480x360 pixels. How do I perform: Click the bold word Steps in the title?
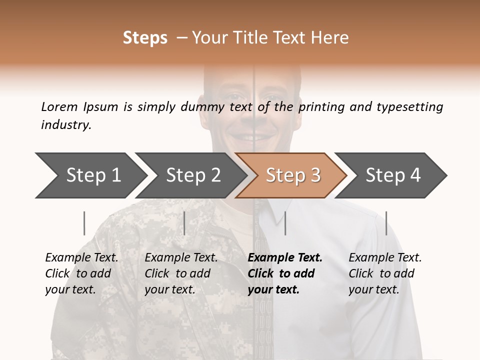(145, 38)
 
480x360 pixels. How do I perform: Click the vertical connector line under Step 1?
(84, 223)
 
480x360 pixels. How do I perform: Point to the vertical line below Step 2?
(184, 223)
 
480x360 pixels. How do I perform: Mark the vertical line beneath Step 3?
(285, 223)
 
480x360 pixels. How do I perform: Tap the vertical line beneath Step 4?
(386, 223)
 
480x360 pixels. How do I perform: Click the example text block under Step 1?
(81, 273)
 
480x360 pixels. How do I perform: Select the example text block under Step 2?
(181, 273)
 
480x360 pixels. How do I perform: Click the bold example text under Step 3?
(285, 273)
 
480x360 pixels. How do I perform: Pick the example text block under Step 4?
(385, 273)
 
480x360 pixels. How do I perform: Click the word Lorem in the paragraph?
(59, 107)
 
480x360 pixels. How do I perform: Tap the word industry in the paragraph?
(66, 125)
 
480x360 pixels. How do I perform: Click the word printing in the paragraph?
(320, 107)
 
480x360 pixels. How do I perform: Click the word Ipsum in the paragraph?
(101, 107)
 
